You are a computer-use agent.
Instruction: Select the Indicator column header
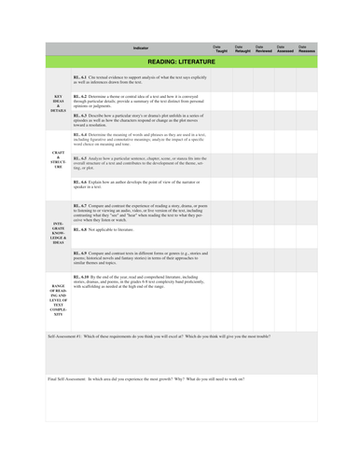point(140,47)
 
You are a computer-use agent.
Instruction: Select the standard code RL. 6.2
point(80,95)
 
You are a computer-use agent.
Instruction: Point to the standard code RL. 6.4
point(80,135)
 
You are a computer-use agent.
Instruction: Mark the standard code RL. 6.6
point(80,181)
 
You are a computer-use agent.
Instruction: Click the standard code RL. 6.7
point(80,204)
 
